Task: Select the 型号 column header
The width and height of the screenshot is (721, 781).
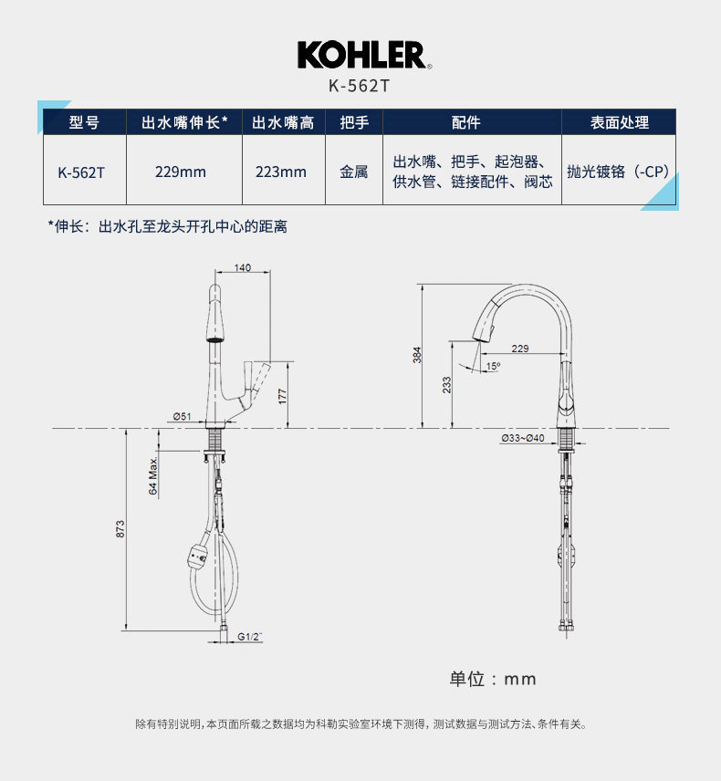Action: (84, 122)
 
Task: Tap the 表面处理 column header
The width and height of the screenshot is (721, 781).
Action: (619, 122)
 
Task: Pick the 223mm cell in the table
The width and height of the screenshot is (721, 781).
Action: (281, 172)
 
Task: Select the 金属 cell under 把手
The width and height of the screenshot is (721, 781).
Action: (354, 172)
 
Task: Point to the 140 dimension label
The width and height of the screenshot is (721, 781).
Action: (242, 267)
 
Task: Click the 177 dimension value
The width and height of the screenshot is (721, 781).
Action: (283, 395)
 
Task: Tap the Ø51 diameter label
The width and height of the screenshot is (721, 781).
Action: (182, 416)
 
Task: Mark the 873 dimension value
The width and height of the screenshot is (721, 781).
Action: (120, 528)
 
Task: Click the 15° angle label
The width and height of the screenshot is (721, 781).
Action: (493, 366)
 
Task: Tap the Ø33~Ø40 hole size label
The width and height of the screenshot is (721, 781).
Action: (522, 438)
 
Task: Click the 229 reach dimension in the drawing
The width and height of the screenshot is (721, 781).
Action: (520, 349)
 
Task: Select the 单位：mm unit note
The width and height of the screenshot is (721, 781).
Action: (493, 679)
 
